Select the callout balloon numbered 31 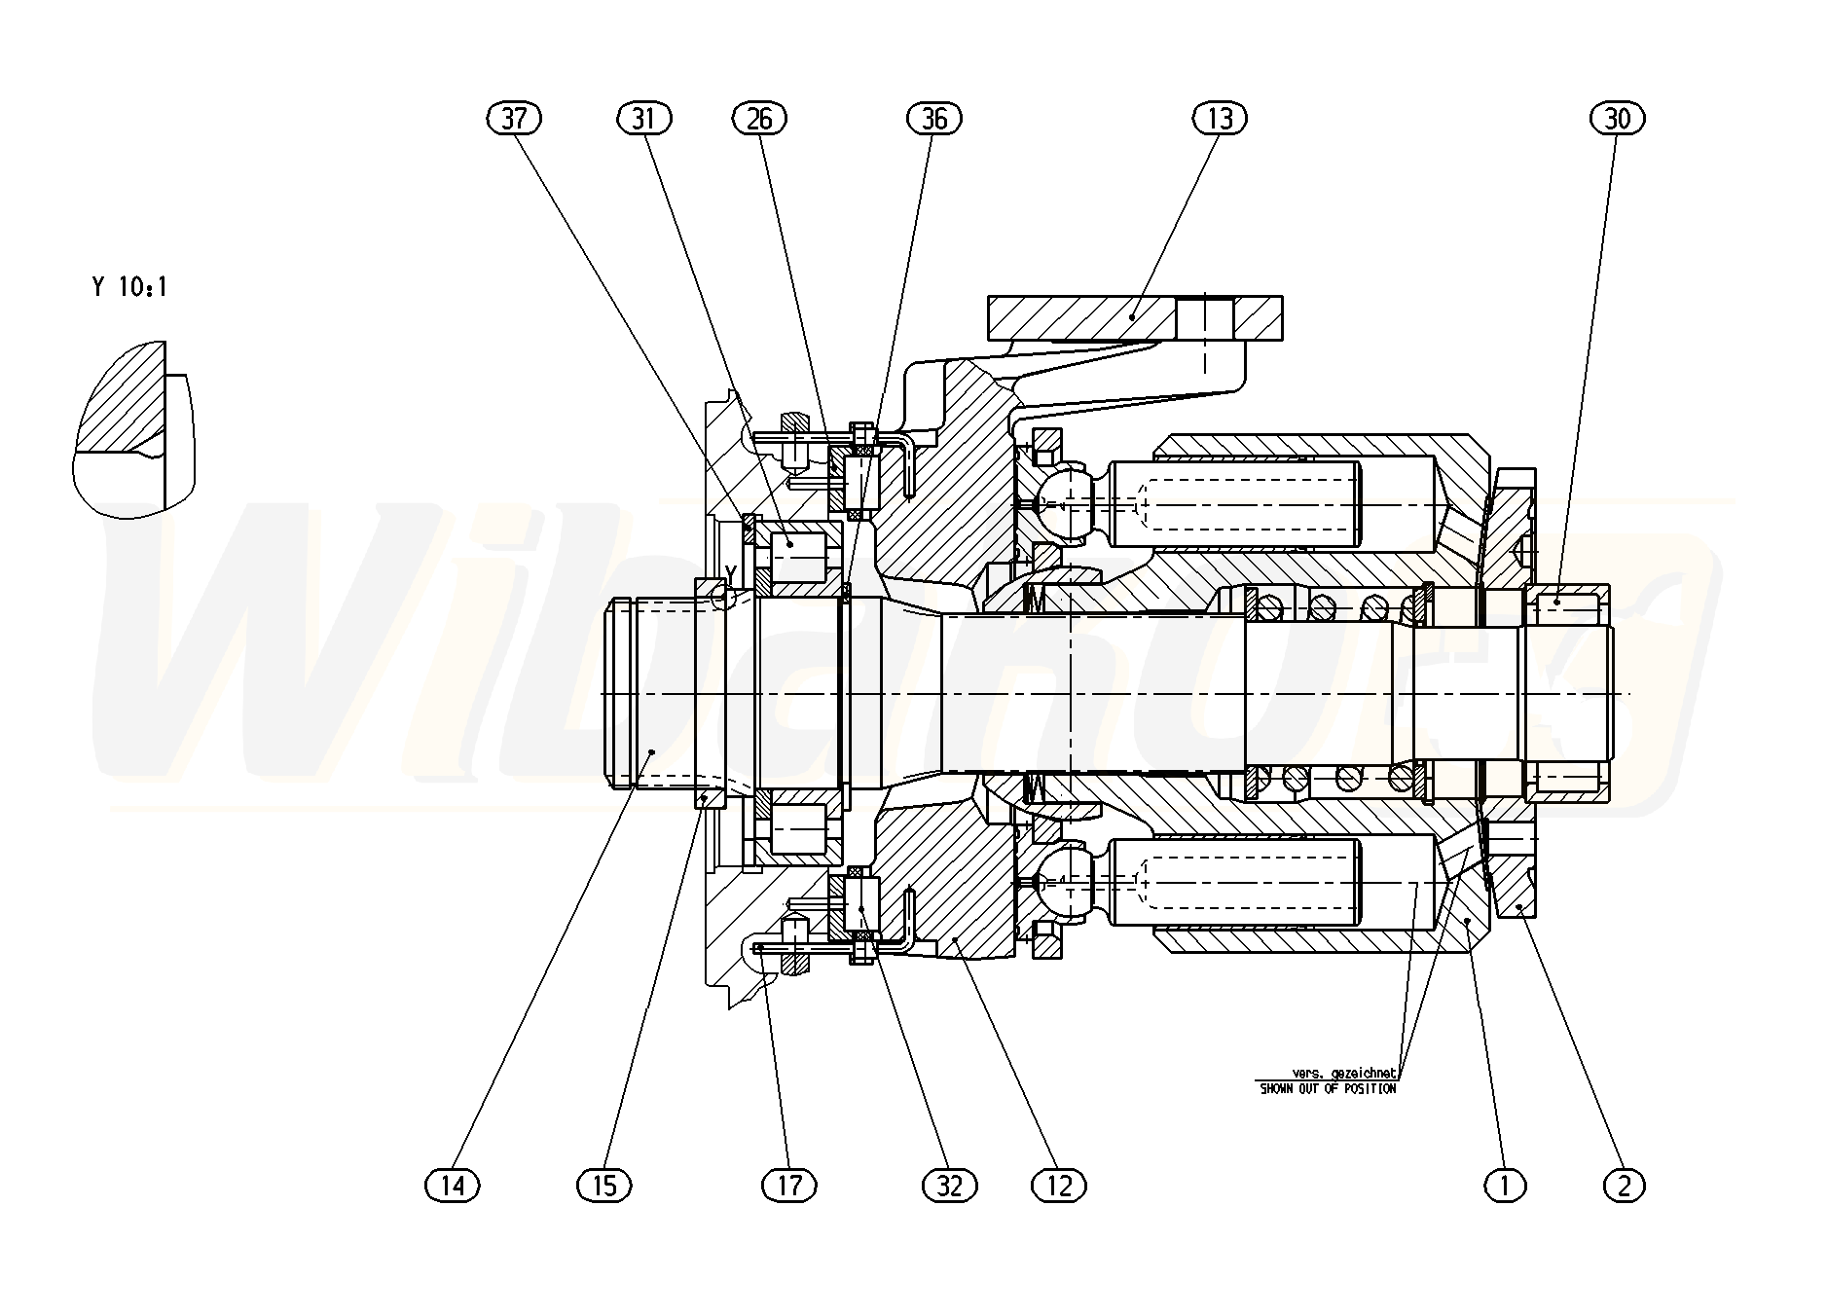(x=644, y=119)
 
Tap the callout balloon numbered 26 (x=759, y=119)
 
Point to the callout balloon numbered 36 (x=933, y=119)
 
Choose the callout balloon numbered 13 (x=1220, y=119)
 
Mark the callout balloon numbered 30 (x=1617, y=119)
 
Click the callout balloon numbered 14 (x=454, y=1185)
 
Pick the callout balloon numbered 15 (x=604, y=1185)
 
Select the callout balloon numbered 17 (x=789, y=1185)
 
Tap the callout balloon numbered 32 (x=949, y=1185)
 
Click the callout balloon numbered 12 (x=1058, y=1185)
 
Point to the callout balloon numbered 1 (x=1505, y=1185)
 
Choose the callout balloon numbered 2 (x=1624, y=1185)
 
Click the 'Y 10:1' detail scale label (x=129, y=287)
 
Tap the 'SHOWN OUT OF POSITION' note (x=1328, y=1088)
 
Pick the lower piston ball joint (x=1068, y=883)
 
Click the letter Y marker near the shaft (x=731, y=571)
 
